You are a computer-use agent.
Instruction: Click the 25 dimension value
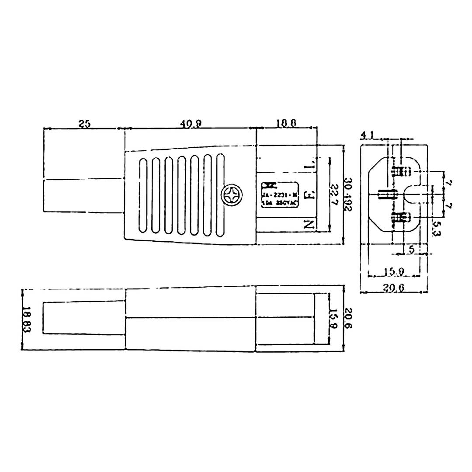click(84, 124)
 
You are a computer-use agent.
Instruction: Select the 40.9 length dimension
click(191, 124)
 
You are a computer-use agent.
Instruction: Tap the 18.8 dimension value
click(286, 124)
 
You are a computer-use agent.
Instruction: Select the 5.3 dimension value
click(435, 228)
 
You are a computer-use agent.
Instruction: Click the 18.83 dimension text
click(27, 320)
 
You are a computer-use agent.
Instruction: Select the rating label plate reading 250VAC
click(278, 195)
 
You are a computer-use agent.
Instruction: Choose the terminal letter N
click(310, 225)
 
